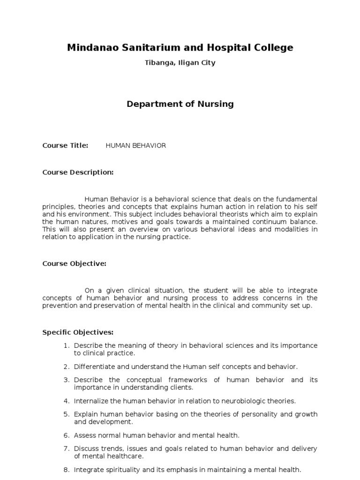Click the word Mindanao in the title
coord(90,47)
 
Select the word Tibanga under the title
coord(158,63)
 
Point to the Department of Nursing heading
coord(180,104)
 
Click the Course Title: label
coord(65,146)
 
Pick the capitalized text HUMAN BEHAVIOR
coord(136,146)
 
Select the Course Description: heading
coord(78,172)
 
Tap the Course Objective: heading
coord(74,263)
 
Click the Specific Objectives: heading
coord(78,332)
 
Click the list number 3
coord(67,380)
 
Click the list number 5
coord(67,414)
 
